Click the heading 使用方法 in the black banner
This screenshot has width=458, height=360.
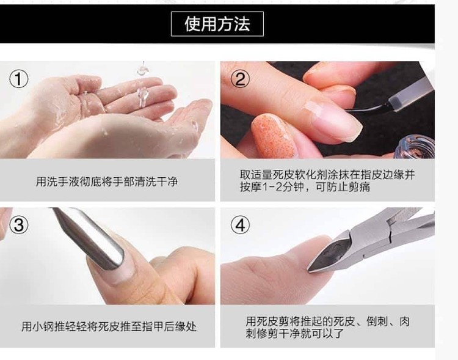coord(217,24)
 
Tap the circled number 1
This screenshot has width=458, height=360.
coord(19,79)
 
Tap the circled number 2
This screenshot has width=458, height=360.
coord(240,79)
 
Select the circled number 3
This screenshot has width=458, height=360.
coord(19,225)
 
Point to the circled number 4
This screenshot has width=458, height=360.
coord(240,225)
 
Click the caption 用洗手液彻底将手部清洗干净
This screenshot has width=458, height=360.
coord(107,182)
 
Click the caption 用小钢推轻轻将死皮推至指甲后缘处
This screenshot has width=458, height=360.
coord(109,326)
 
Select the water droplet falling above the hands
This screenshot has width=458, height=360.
coord(142,70)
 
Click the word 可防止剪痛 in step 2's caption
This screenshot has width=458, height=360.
coord(343,187)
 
